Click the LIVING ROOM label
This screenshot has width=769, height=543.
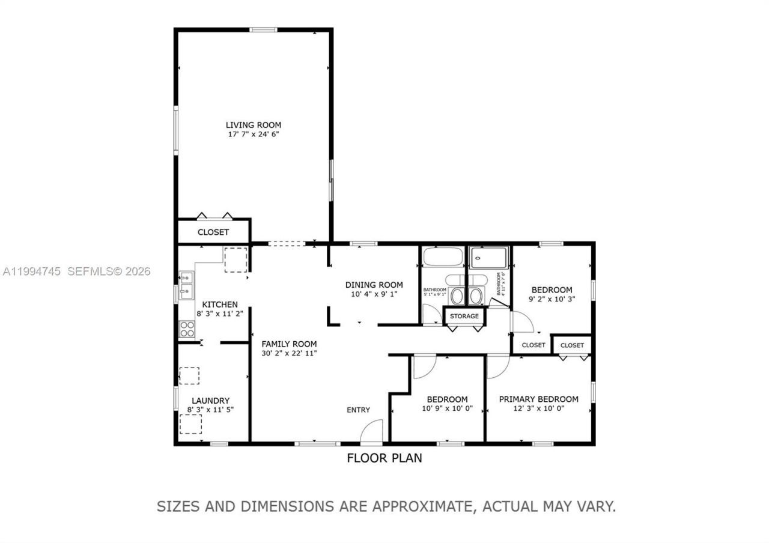coord(253,125)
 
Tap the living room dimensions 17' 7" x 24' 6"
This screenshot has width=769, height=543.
coord(253,135)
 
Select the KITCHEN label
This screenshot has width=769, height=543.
coord(219,305)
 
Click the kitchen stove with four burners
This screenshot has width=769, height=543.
coord(187,329)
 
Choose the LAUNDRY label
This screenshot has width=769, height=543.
coord(210,401)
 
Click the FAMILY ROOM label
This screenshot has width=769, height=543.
coord(289,344)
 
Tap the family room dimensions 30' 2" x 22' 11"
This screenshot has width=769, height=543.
coord(289,353)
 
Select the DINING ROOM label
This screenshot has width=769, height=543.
coord(374,285)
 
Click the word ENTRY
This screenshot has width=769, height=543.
coord(358,410)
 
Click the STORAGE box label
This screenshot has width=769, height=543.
coord(464,316)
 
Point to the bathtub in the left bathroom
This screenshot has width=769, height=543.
coord(443,257)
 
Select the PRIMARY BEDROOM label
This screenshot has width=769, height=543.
coord(538,399)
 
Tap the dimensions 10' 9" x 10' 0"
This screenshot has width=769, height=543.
coord(447,408)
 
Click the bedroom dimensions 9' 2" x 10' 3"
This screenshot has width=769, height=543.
coord(552,299)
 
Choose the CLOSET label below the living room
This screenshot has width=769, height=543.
coord(213,232)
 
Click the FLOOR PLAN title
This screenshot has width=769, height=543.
coord(384,458)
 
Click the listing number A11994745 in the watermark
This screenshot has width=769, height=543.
coord(32,271)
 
